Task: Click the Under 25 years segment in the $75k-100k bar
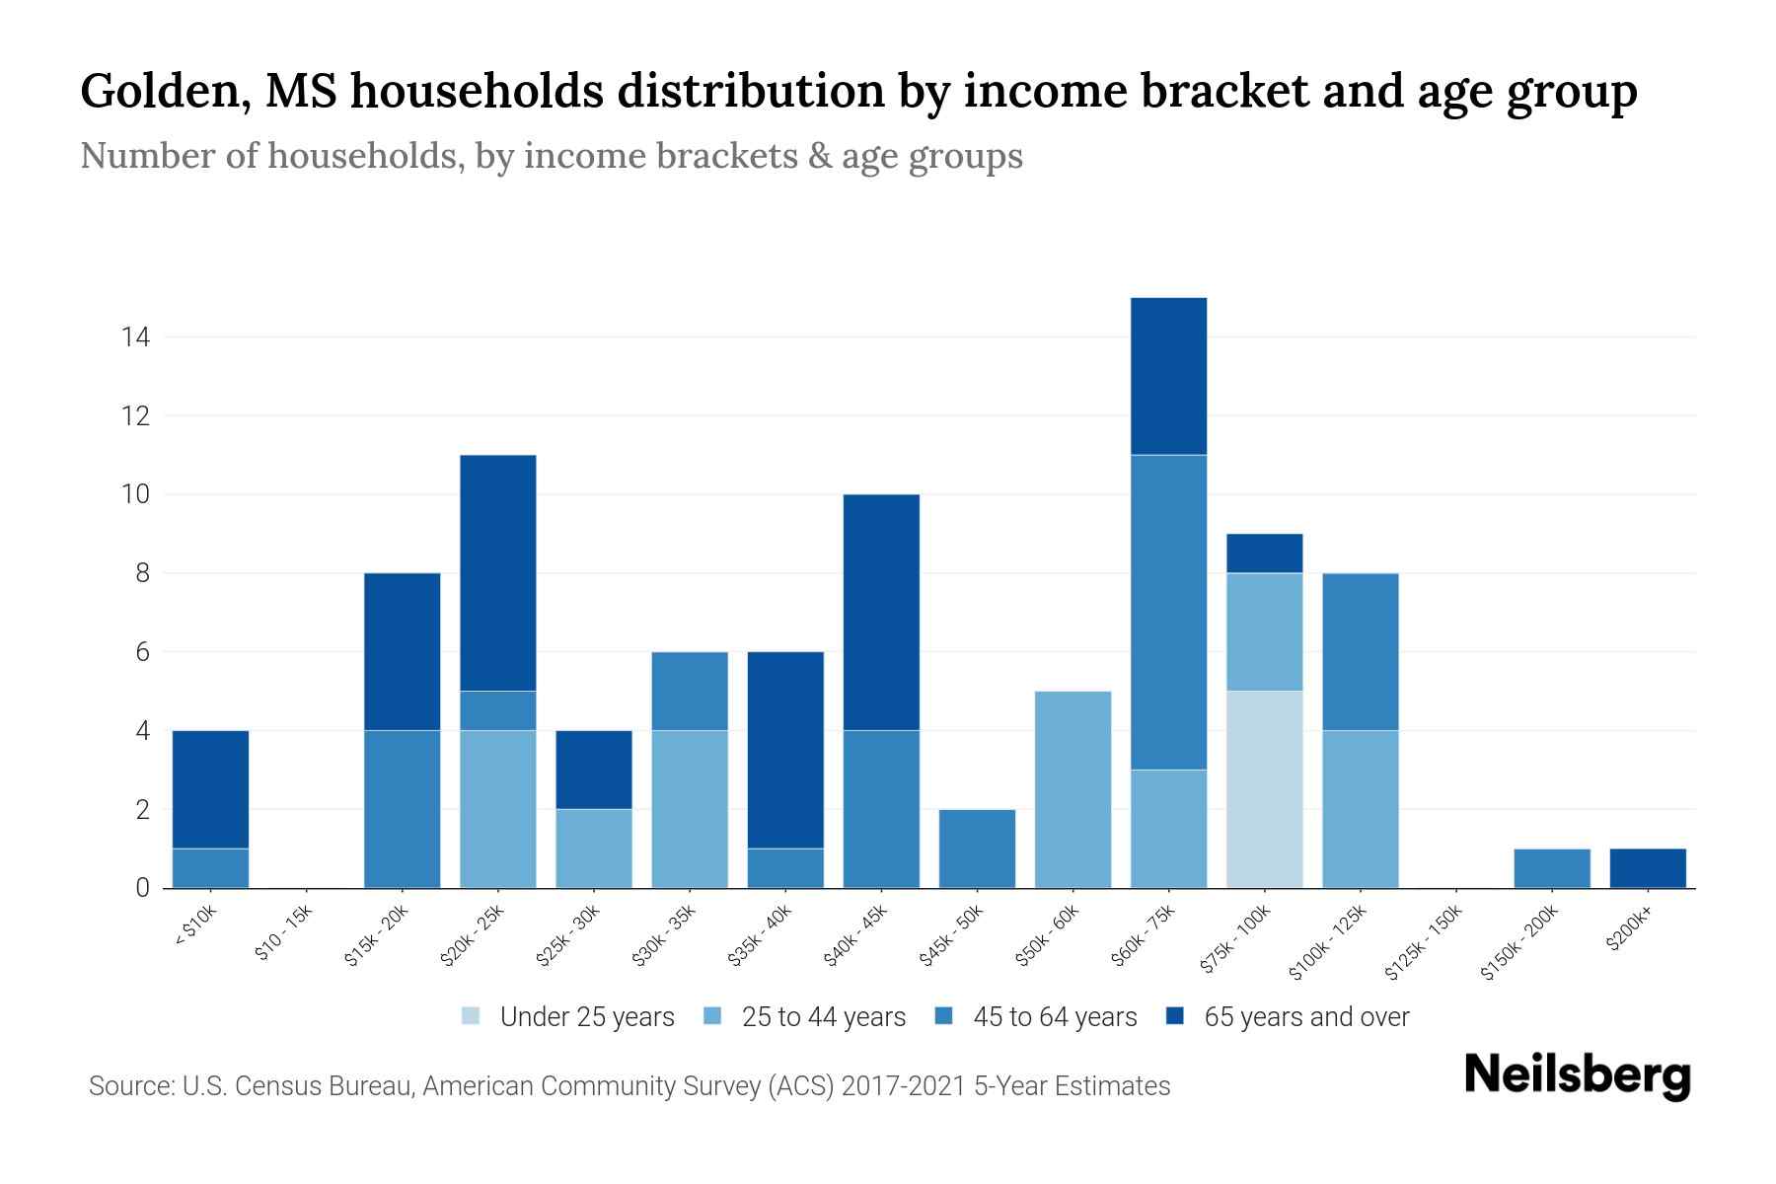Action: pos(1264,789)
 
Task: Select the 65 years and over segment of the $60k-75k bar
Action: pos(1168,376)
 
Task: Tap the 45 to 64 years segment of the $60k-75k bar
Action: pos(1168,612)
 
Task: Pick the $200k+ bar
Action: pos(1647,868)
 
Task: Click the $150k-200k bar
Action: pos(1551,868)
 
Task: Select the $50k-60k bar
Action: pos(1073,789)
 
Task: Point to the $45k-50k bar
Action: pos(977,849)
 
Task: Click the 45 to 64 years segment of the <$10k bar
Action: pos(210,868)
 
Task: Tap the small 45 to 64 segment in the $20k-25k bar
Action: pos(497,710)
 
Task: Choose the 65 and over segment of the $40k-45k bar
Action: pos(881,612)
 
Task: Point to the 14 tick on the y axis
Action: pos(135,337)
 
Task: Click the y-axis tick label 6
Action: pos(142,652)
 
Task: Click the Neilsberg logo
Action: pos(1577,1075)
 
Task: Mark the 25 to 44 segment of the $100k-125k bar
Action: pos(1360,809)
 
